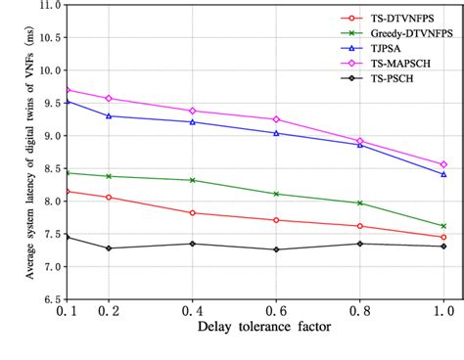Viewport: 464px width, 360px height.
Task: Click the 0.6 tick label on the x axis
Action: [x=276, y=310]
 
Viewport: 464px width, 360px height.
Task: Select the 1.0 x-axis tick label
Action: [x=443, y=310]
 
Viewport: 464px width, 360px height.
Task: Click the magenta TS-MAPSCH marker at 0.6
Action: [x=276, y=119]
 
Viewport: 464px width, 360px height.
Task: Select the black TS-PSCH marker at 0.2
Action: [x=108, y=247]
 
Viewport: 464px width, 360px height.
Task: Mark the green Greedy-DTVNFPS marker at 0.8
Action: [x=360, y=202]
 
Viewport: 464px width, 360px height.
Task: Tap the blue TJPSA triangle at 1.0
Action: [x=443, y=174]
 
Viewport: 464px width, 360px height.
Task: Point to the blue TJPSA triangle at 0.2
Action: [x=108, y=115]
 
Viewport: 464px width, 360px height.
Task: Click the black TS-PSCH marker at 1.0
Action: [x=443, y=246]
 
